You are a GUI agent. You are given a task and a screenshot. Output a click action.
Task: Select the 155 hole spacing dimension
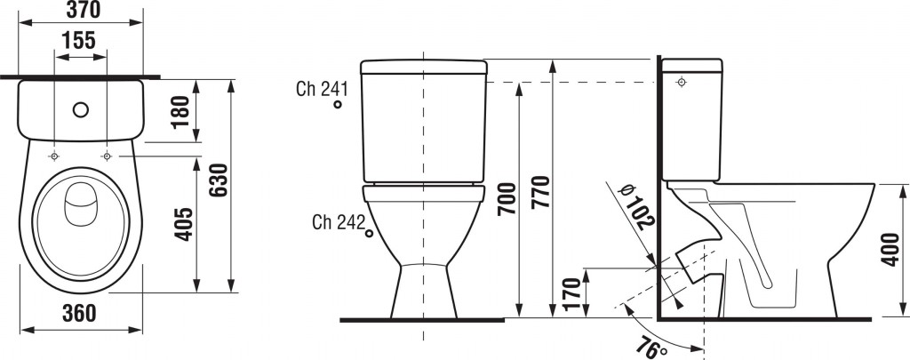(x=78, y=41)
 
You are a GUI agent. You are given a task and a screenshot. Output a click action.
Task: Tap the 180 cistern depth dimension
(x=180, y=112)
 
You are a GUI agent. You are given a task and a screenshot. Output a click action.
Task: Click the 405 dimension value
(x=184, y=223)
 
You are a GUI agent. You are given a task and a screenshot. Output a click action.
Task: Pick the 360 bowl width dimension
(x=78, y=313)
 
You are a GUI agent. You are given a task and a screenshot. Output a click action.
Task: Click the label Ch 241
(x=322, y=90)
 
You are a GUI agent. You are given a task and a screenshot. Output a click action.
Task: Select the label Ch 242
(x=339, y=222)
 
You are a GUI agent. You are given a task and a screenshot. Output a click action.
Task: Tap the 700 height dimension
(x=507, y=198)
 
